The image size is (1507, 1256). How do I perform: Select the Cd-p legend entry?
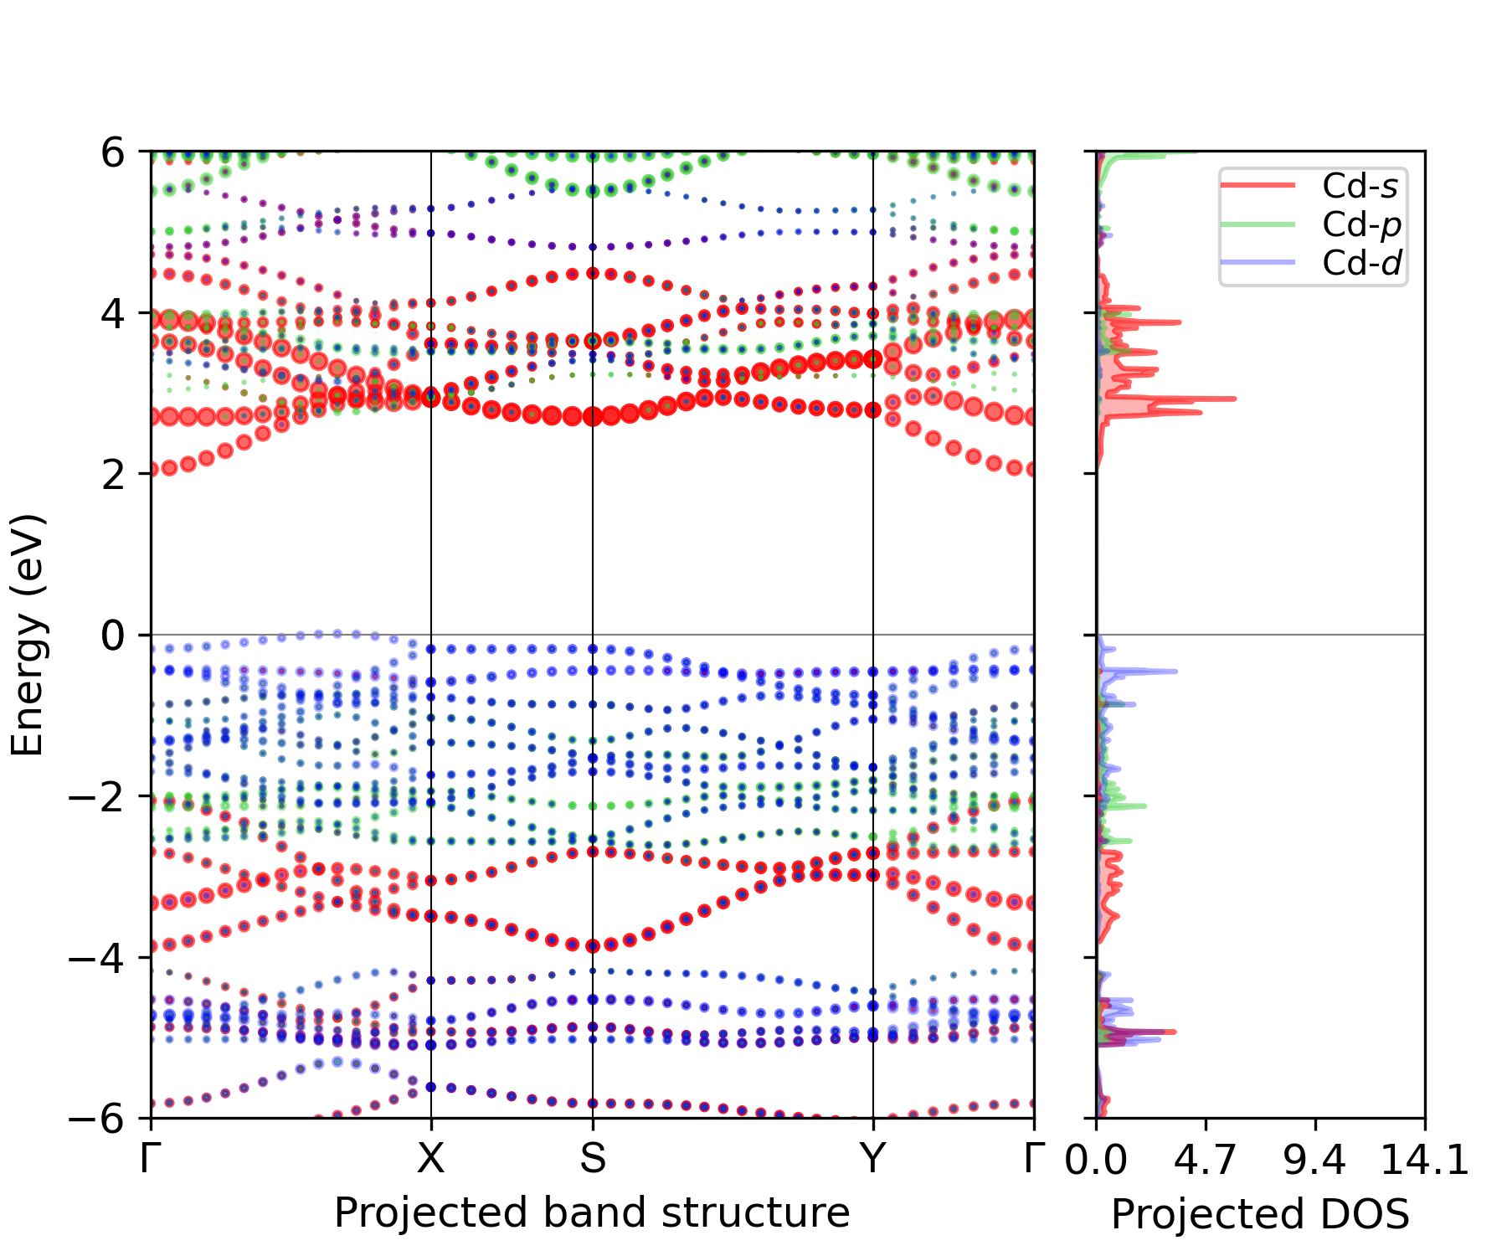1310,224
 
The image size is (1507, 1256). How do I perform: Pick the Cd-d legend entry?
1310,263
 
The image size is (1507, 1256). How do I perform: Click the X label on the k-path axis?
431,1158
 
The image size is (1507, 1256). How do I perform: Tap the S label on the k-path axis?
593,1158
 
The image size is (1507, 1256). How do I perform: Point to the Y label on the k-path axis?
873,1158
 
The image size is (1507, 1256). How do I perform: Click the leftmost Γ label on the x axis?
151,1158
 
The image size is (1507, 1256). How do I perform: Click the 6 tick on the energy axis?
114,153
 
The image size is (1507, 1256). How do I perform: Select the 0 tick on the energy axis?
114,636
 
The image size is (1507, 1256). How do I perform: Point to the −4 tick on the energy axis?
97,957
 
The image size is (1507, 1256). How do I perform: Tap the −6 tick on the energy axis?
97,1118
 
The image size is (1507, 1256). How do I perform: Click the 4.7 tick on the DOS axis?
1206,1160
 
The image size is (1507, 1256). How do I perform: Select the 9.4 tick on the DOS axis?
1315,1160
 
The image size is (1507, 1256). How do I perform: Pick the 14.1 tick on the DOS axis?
1424,1160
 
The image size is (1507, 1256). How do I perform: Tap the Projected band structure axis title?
592,1212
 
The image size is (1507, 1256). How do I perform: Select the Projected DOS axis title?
1260,1213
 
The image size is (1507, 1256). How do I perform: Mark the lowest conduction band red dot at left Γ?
152,471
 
